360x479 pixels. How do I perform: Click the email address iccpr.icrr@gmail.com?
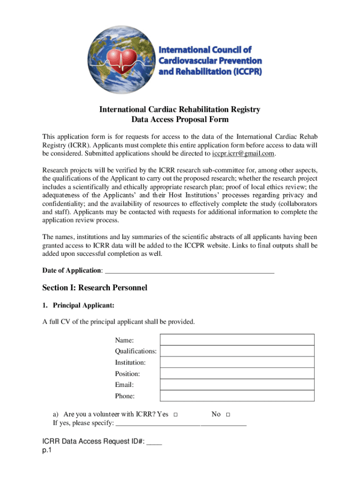(243, 153)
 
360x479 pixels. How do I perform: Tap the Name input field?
(237, 340)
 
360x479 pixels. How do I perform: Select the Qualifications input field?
(237, 351)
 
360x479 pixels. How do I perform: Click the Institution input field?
(237, 362)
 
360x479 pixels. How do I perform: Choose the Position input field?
(237, 373)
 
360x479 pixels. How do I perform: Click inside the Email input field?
(237, 385)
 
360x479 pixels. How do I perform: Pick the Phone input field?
(237, 396)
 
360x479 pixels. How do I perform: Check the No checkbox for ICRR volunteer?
(228, 415)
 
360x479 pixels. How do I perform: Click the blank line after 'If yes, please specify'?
(181, 424)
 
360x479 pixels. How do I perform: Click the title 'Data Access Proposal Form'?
(180, 119)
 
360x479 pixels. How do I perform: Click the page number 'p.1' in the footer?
(46, 450)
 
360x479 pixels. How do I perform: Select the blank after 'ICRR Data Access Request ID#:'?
(154, 442)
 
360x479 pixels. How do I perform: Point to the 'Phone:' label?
(125, 396)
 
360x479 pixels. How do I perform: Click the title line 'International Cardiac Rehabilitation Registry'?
(180, 109)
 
